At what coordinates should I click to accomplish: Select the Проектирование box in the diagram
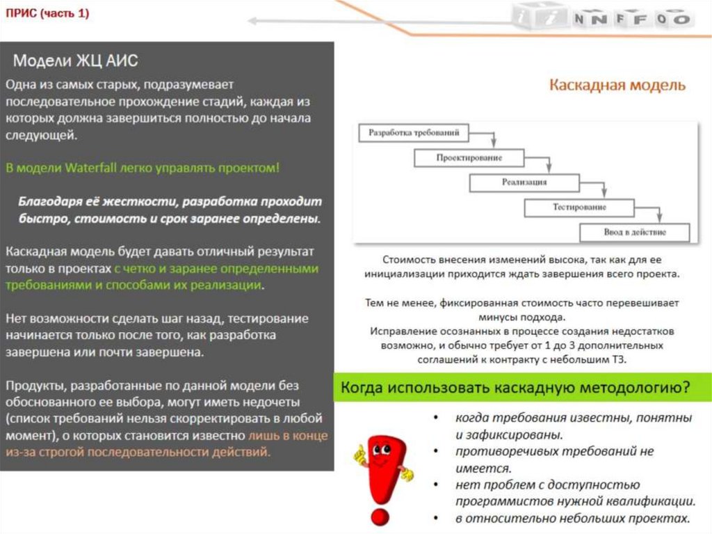[469, 158]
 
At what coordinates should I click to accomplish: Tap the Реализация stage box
[524, 182]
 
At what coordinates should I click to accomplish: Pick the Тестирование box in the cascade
[579, 207]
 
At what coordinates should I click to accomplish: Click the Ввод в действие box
[633, 232]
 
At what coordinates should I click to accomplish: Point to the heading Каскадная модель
[617, 85]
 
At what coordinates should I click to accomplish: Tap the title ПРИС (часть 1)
[47, 13]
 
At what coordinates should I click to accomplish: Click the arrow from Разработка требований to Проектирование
[493, 139]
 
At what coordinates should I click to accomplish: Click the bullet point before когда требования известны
[435, 418]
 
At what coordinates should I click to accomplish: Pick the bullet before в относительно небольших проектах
[435, 519]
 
